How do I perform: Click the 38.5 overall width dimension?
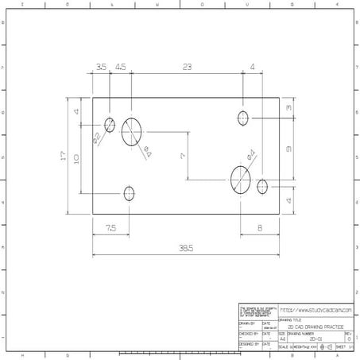(x=186, y=248)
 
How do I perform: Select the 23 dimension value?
(x=187, y=68)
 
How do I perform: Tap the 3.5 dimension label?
(x=101, y=68)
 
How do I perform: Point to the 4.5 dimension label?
(x=120, y=68)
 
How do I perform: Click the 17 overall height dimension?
(x=64, y=156)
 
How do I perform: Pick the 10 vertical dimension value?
(x=77, y=158)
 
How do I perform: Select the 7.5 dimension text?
(x=110, y=228)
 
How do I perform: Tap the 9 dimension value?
(x=290, y=149)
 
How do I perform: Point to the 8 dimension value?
(x=261, y=228)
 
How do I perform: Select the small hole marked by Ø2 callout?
(x=110, y=124)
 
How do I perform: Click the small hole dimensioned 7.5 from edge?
(x=129, y=193)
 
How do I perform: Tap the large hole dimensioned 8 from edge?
(x=240, y=179)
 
